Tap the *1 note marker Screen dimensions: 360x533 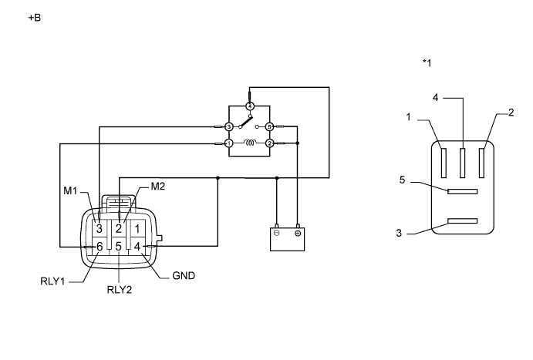tap(427, 62)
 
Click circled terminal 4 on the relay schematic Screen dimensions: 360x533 tap(249, 106)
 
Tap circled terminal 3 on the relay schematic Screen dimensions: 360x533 tap(228, 126)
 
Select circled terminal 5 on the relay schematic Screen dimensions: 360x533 tap(269, 126)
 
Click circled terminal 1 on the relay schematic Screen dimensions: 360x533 tap(228, 143)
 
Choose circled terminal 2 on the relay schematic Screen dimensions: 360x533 tap(269, 143)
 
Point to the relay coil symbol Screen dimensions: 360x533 tap(249, 143)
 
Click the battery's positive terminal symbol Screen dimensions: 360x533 tap(297, 233)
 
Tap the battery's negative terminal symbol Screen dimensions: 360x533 tap(277, 233)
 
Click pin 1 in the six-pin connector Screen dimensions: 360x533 tap(137, 228)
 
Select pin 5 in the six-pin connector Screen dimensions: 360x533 tap(118, 247)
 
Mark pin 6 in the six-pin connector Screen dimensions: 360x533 tap(99, 247)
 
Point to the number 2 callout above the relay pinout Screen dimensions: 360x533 tap(511, 113)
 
